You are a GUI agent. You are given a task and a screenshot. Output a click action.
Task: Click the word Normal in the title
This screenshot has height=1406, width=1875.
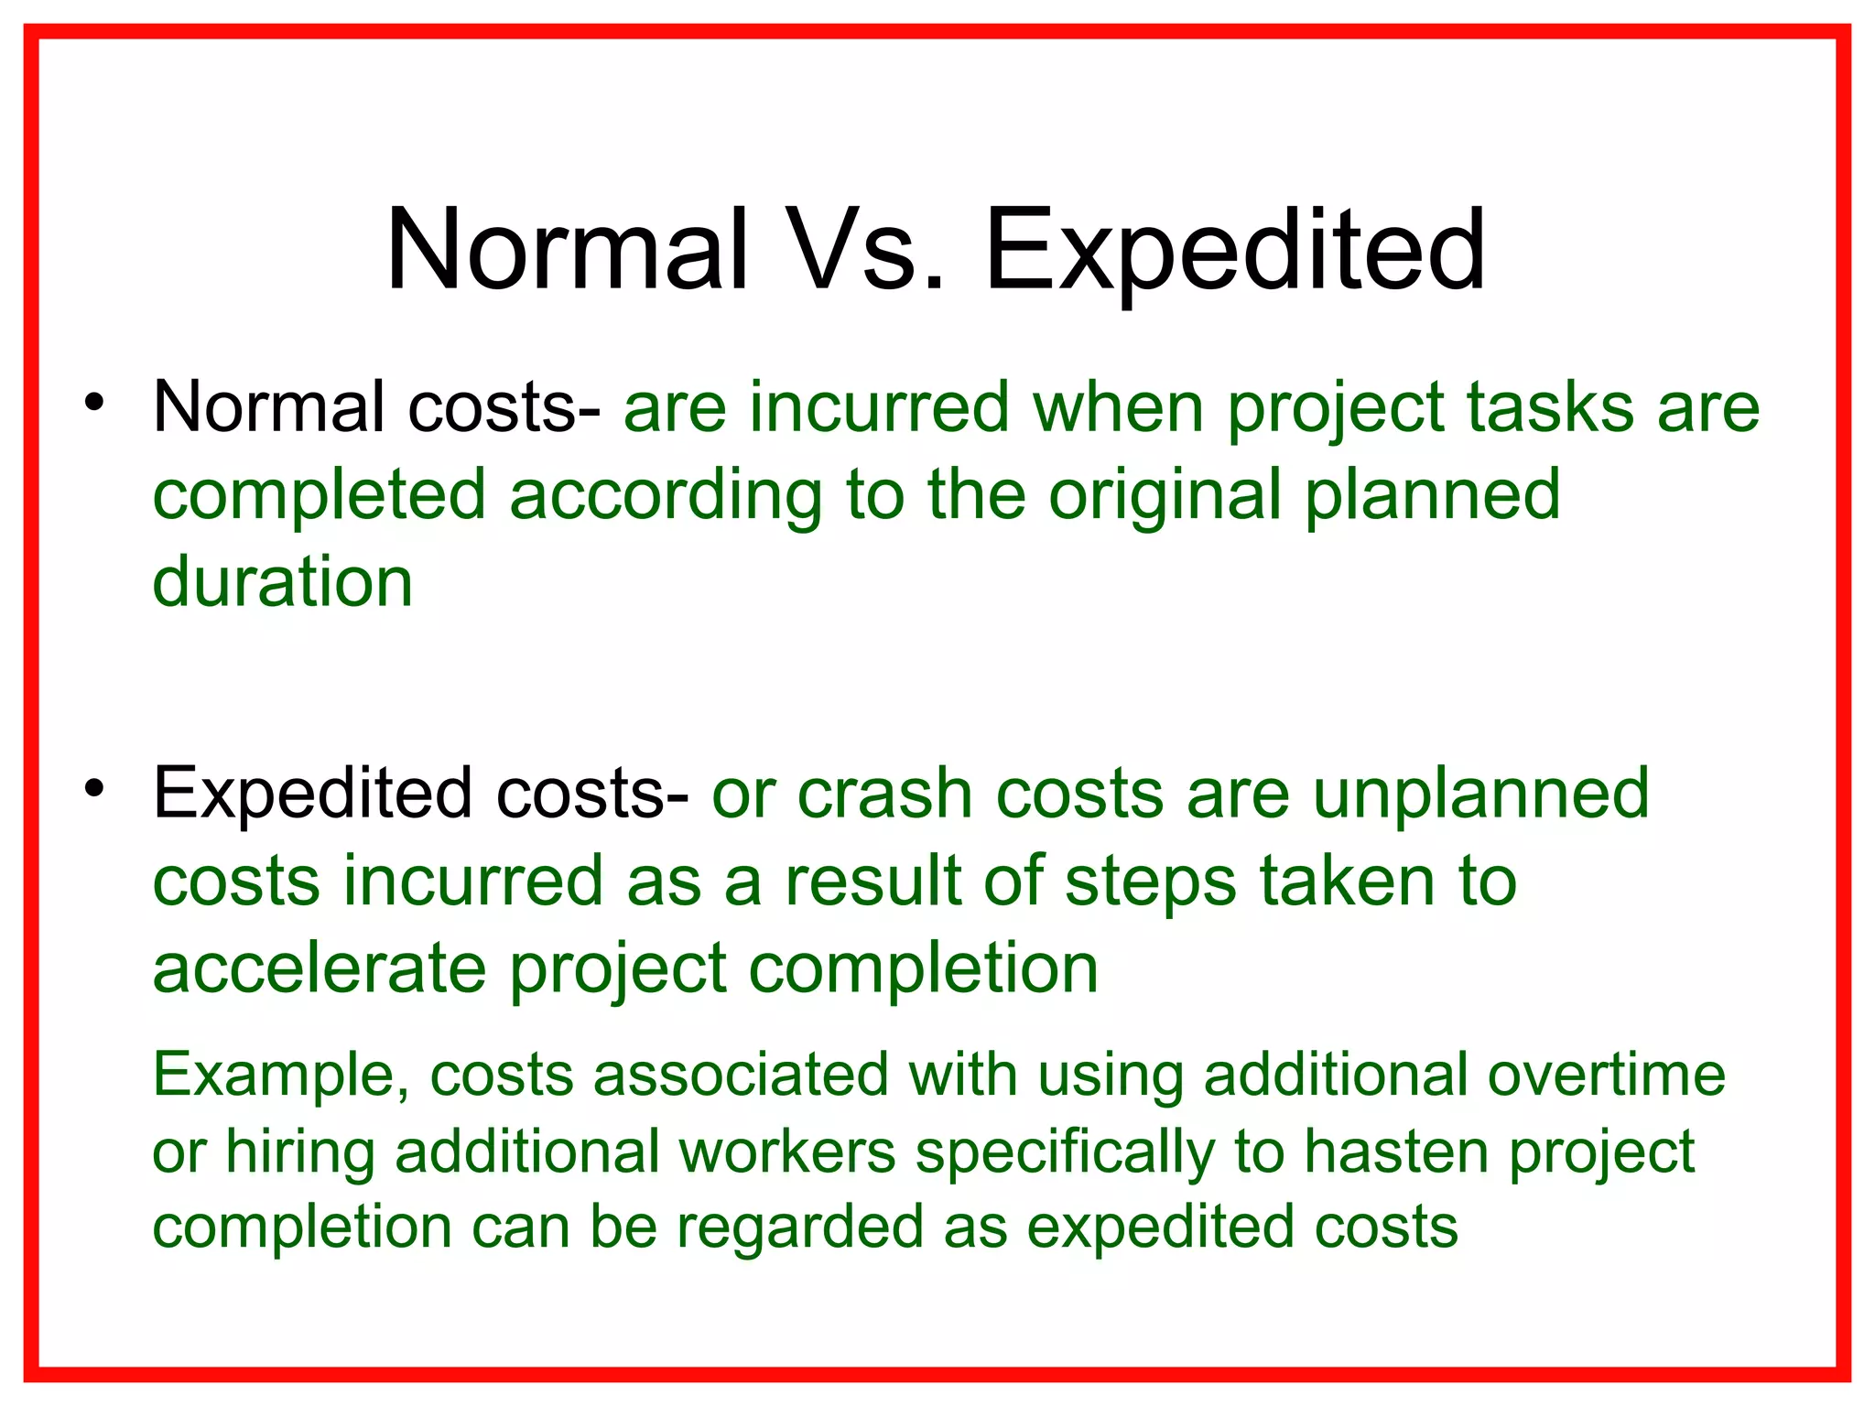click(567, 249)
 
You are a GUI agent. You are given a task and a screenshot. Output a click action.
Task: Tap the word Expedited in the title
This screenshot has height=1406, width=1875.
click(1234, 249)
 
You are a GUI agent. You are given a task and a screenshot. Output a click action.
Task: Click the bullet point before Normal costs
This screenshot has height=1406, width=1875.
click(94, 403)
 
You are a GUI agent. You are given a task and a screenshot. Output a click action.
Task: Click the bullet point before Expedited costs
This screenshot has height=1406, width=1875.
click(94, 788)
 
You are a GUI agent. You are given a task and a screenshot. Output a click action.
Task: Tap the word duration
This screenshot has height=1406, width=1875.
click(283, 582)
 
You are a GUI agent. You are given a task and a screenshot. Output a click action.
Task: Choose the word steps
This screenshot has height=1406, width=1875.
click(1151, 881)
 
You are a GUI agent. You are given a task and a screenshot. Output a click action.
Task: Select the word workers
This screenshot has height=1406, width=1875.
click(787, 1152)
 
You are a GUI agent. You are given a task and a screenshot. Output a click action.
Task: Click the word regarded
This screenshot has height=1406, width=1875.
click(800, 1227)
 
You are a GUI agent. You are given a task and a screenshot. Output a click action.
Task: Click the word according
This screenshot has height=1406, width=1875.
click(666, 495)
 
